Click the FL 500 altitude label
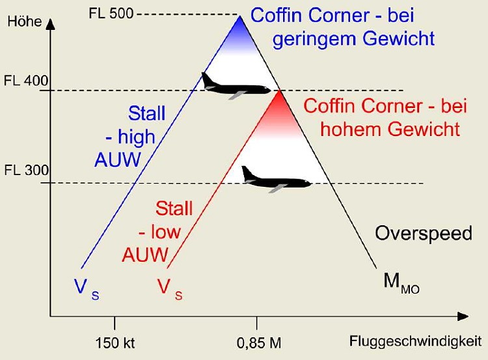pos(111,13)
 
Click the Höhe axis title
pos(23,21)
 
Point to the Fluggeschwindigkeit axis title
pos(415,340)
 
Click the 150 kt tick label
pos(115,343)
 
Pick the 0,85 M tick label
pos(259,343)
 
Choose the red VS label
pos(169,287)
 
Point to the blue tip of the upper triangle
pos(240,25)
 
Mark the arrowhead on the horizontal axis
pos(463,317)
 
